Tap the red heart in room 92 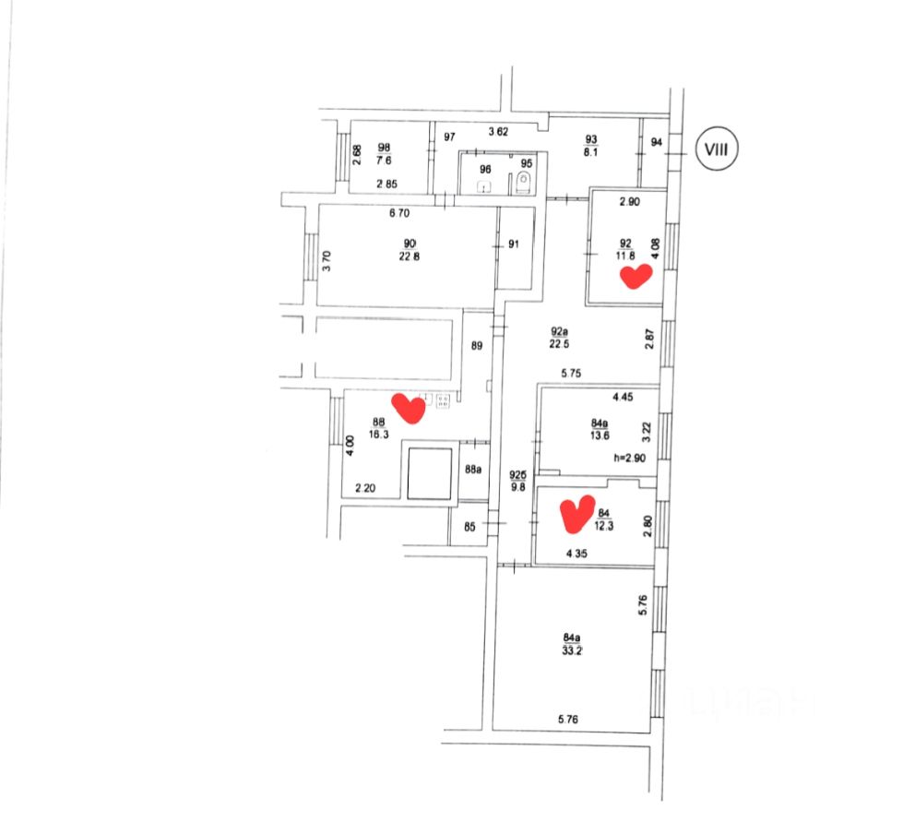tap(636, 276)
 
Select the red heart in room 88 tap(408, 408)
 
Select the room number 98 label tap(384, 147)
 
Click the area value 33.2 tap(573, 649)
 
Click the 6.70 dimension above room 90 tap(398, 214)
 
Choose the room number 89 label tap(477, 346)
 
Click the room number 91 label tap(515, 244)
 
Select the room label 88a tap(473, 470)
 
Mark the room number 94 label tap(656, 142)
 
